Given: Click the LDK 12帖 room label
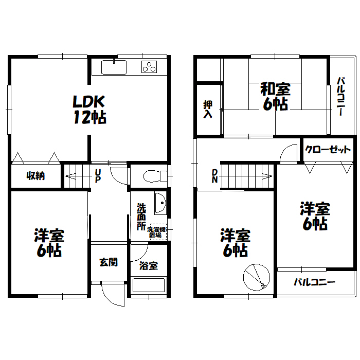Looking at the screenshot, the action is tap(89, 110).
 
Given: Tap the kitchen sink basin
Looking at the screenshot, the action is tap(114, 67).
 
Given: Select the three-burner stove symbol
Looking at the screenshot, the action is tap(149, 66).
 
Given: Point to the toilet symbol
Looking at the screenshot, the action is tap(155, 176).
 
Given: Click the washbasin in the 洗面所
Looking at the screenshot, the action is tap(160, 203).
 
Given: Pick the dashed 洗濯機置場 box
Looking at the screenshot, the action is tap(158, 232).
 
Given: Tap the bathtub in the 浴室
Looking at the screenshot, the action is tap(149, 285).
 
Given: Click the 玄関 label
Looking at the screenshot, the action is tap(109, 262).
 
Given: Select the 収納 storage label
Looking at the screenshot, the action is tap(35, 176).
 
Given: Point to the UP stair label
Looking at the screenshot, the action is tap(98, 176).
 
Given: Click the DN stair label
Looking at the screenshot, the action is tap(214, 176).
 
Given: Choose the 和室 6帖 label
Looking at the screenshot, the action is tap(275, 96).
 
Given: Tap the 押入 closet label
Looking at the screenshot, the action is tap(208, 109).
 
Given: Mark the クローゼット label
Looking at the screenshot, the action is tap(328, 150).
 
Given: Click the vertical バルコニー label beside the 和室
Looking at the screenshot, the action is tap(340, 97).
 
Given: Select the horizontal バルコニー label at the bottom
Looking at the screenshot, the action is tap(315, 282).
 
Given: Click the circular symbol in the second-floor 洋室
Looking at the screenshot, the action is tap(257, 277).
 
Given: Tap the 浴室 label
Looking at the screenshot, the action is tap(149, 266).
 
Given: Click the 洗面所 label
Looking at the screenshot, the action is tap(141, 217).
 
